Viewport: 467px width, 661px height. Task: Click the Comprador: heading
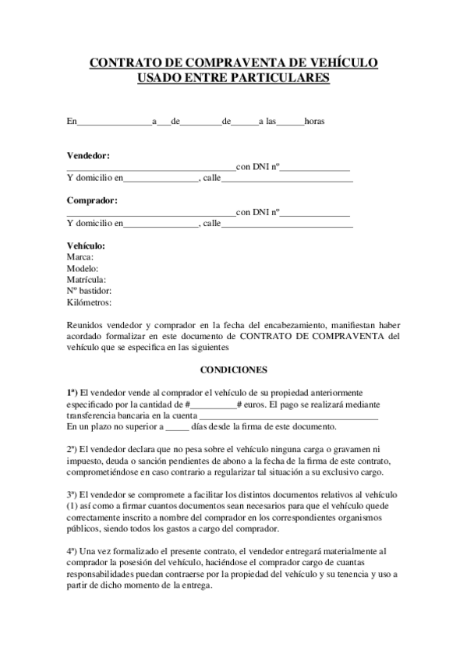(x=92, y=200)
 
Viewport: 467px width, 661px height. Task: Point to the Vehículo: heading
(x=86, y=246)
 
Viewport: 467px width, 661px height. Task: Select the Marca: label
(x=80, y=256)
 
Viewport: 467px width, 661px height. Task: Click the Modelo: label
(x=83, y=268)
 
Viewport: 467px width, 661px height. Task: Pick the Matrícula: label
(x=87, y=279)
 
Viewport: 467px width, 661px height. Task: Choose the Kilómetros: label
(x=90, y=302)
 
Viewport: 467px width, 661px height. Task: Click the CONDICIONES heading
(x=234, y=369)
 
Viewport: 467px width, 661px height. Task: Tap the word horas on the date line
(x=314, y=122)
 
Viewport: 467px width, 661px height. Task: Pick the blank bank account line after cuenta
(x=283, y=417)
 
